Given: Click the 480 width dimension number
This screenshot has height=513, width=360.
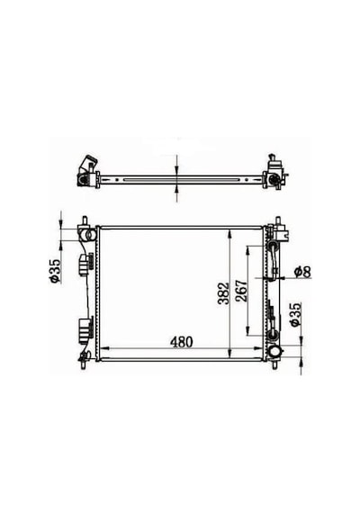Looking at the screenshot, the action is pyautogui.click(x=181, y=342).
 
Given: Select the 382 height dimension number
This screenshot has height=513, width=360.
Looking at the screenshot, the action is pyautogui.click(x=224, y=293).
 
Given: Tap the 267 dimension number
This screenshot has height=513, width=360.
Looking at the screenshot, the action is pyautogui.click(x=242, y=291).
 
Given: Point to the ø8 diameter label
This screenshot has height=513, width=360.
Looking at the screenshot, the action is pyautogui.click(x=302, y=272).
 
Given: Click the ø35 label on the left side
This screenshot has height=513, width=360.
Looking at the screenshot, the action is pyautogui.click(x=55, y=271).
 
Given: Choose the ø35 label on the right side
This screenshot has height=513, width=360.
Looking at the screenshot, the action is pyautogui.click(x=295, y=314).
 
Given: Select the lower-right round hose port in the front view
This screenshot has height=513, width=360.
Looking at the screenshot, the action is pyautogui.click(x=274, y=352).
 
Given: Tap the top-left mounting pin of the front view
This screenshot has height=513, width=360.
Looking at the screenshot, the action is pyautogui.click(x=85, y=220).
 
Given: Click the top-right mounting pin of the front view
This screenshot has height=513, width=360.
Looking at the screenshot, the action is pyautogui.click(x=278, y=220).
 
